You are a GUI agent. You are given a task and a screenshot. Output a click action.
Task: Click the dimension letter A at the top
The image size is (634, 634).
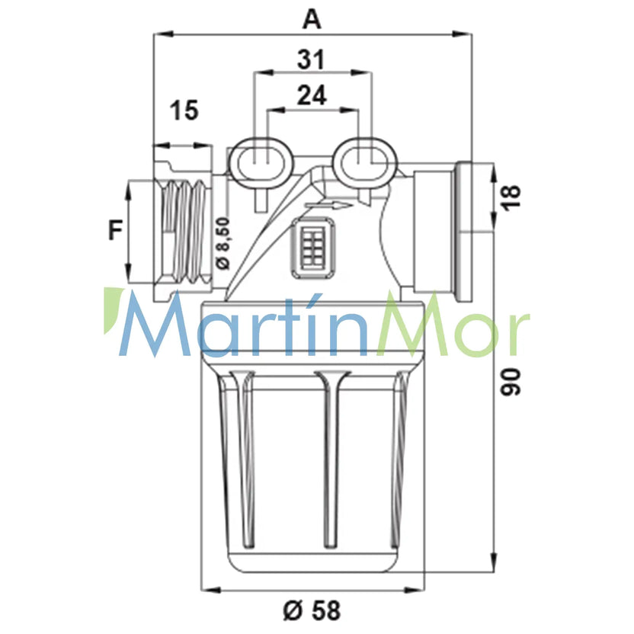312,20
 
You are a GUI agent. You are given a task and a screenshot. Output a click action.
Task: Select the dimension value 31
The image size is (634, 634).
311,60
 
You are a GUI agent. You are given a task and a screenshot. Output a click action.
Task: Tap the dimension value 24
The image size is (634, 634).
312,96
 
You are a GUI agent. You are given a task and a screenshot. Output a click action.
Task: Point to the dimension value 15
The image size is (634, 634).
184,110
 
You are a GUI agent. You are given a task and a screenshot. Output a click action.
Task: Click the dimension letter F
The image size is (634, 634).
116,229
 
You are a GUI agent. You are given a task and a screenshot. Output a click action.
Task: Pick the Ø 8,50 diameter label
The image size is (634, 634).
223,243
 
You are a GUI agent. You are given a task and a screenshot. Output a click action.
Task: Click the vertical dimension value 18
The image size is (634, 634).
511,197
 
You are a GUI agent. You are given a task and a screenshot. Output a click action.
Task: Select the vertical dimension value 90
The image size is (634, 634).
511,382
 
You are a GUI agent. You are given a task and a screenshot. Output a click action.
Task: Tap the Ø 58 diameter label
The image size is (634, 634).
312,610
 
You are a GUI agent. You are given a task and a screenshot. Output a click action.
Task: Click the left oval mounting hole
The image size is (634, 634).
260,163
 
